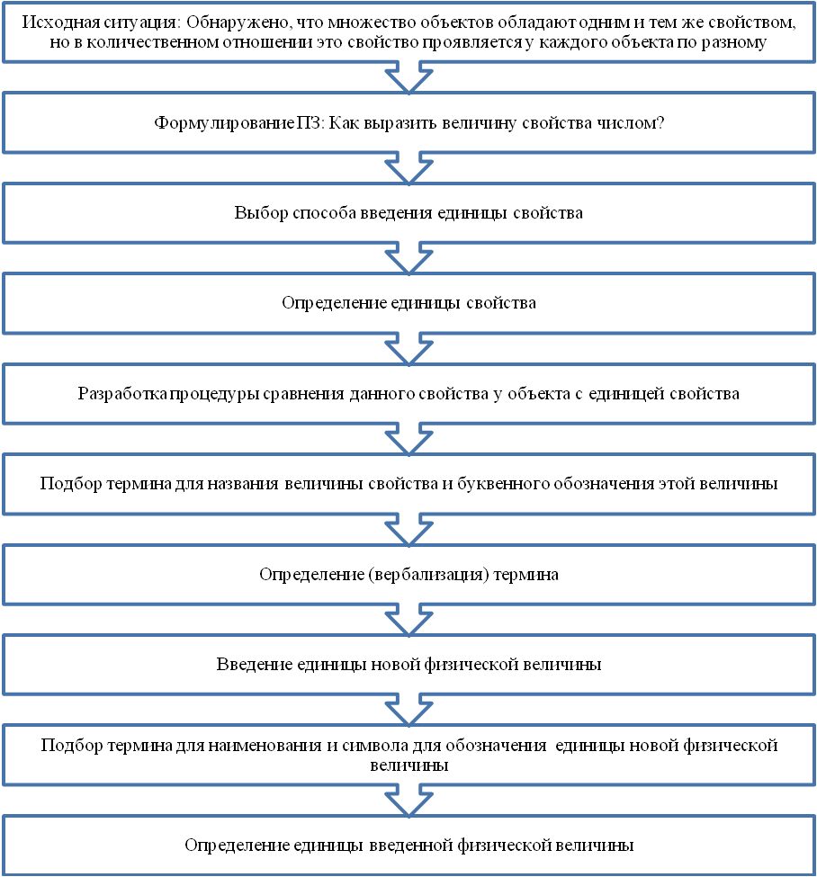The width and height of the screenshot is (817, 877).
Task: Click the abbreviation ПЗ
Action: [310, 122]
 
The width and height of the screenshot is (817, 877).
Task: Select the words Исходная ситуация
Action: [102, 22]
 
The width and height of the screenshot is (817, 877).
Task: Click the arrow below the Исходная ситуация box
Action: [409, 77]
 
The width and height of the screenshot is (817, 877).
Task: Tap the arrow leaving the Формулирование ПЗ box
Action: [409, 168]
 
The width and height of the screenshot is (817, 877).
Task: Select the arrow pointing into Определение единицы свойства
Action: [409, 258]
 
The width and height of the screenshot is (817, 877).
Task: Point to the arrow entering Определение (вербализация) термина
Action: [409, 529]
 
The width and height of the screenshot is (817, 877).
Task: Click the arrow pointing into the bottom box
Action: [409, 801]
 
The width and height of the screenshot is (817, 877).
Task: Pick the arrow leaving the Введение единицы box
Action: [409, 710]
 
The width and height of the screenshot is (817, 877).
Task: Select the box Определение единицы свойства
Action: [408, 303]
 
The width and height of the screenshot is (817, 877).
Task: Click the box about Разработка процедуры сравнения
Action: [408, 394]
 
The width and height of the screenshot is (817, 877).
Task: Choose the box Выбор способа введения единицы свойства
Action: [408, 213]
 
